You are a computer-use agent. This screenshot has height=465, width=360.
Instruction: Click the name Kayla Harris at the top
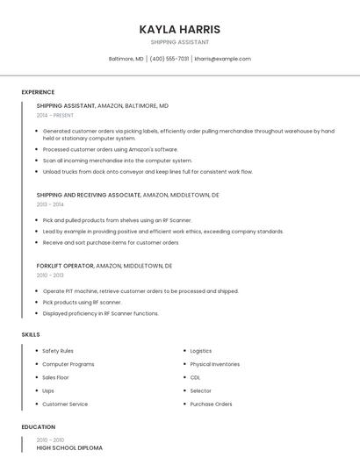tap(179, 29)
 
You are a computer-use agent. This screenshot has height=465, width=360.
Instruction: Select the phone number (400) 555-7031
tap(169, 59)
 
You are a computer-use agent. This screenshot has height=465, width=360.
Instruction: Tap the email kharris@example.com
tap(222, 59)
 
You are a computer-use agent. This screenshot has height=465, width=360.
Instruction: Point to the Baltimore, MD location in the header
tap(126, 59)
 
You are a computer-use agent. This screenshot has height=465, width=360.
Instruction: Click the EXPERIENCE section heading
tap(38, 92)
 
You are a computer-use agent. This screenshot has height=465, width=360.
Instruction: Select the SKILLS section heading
tap(31, 334)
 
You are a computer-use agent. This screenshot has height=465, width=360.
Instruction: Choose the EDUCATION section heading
tap(38, 427)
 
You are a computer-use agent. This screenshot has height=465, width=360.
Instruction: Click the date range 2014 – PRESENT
tap(55, 115)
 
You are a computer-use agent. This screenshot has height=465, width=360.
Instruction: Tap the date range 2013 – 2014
tap(50, 204)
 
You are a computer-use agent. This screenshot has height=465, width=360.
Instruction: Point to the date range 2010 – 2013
tap(50, 275)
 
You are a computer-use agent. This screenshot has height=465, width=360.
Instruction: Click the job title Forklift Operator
tap(65, 265)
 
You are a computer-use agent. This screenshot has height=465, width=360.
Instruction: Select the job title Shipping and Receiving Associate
tap(88, 195)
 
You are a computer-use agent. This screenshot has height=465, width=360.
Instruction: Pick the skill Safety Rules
tap(58, 351)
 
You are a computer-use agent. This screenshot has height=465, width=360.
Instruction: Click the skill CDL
tap(195, 377)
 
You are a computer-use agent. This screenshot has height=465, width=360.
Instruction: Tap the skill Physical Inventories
tap(214, 364)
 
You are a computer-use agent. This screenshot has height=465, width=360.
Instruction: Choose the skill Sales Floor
tap(55, 377)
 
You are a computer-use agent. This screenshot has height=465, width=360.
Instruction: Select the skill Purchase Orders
tap(211, 404)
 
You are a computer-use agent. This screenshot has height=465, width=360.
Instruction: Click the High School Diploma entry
tap(69, 448)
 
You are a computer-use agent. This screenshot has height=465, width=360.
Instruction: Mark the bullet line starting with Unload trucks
tap(148, 172)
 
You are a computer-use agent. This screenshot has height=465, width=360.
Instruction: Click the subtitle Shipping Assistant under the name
tap(179, 42)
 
